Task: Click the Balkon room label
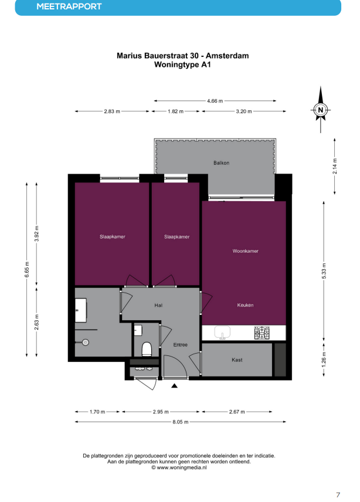coord(221,163)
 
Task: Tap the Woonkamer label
coord(245,251)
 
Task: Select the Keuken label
coord(245,305)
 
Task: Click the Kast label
coord(237,360)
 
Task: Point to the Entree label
coord(180,345)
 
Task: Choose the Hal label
coord(158,306)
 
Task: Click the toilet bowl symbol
coord(147,349)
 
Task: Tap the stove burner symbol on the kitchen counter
coord(261,333)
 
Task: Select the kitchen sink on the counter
coord(222,333)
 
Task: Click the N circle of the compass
coord(320,110)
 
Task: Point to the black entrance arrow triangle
coord(174,386)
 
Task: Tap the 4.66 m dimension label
coord(215,101)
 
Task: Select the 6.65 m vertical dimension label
coord(27,270)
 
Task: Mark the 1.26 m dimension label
coord(324,359)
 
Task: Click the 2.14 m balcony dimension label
coord(335,166)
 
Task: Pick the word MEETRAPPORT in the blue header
coord(69,6)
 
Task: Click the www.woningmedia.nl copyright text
coord(179,467)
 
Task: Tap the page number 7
coord(338,494)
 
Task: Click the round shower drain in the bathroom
coord(85,342)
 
